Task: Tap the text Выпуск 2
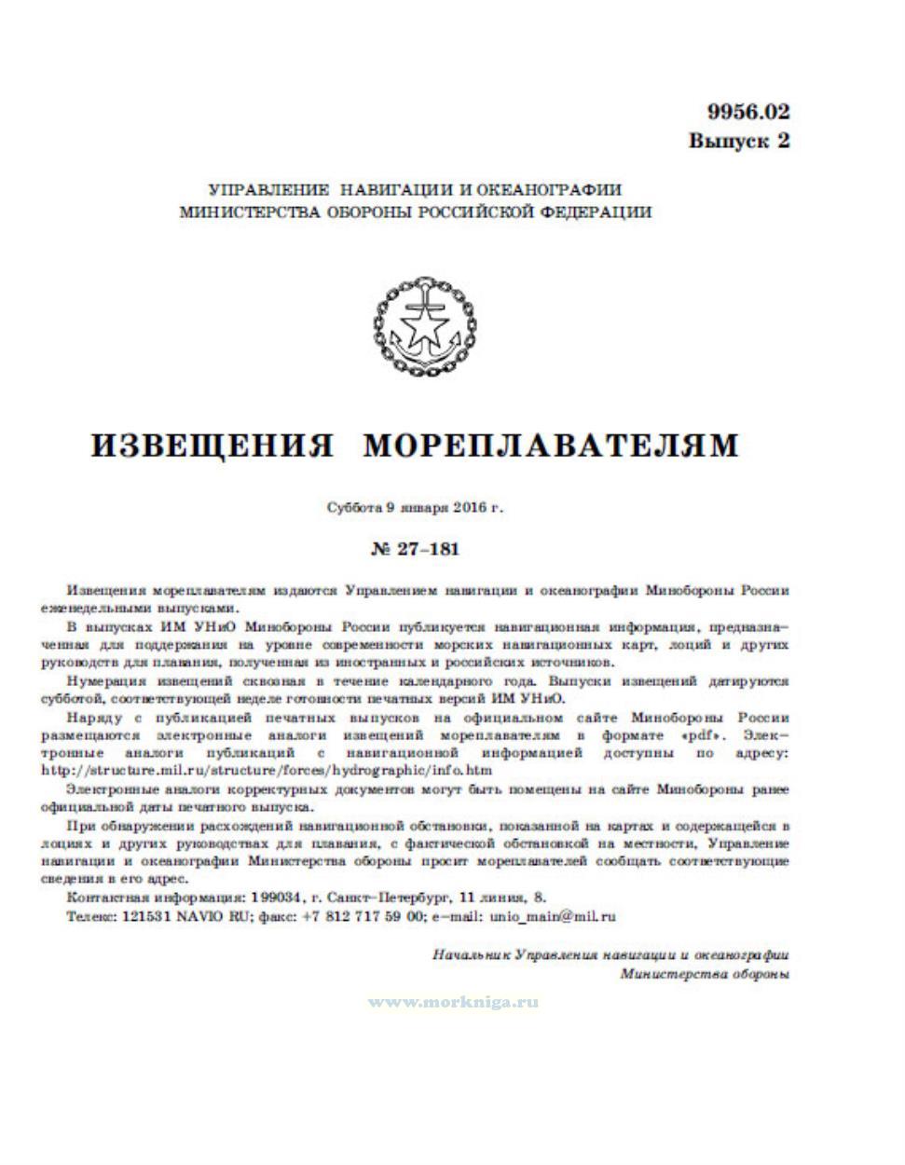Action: point(739,141)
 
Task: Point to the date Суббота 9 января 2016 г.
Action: point(415,509)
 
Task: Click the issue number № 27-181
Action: point(415,549)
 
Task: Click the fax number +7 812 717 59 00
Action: point(364,916)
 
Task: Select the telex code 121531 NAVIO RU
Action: point(170,916)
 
